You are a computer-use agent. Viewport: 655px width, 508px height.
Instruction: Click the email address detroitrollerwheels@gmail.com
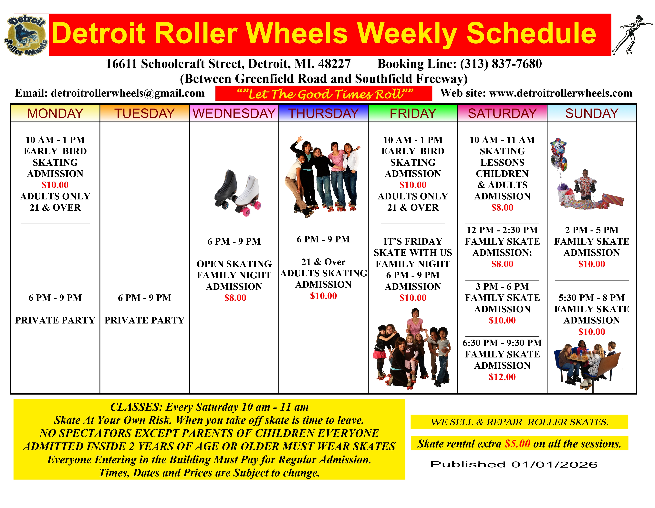pyautogui.click(x=128, y=93)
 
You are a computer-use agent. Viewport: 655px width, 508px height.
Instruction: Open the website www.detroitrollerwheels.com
pyautogui.click(x=561, y=93)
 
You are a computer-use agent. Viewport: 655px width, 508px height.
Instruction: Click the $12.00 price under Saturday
pyautogui.click(x=502, y=377)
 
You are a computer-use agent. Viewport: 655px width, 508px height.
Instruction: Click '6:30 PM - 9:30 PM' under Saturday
pyautogui.click(x=502, y=343)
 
